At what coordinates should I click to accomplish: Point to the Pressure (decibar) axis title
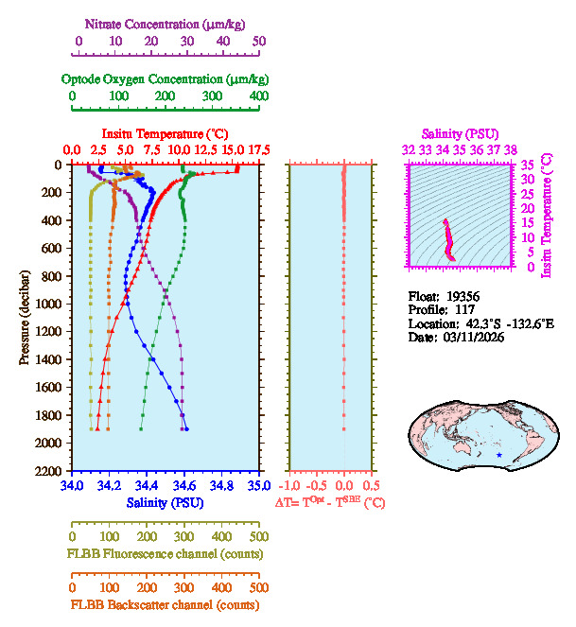(25, 318)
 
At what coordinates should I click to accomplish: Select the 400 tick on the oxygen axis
(258, 96)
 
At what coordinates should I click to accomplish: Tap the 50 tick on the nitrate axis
(259, 41)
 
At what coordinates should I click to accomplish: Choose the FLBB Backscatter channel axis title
(165, 604)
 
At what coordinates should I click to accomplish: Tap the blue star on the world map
(499, 455)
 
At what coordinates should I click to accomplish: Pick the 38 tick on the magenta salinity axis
(511, 150)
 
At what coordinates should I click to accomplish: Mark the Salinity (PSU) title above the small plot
(459, 134)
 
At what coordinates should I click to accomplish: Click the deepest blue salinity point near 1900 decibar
(186, 428)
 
